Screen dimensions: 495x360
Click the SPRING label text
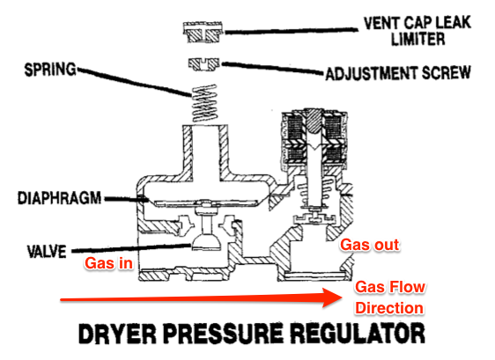click(x=50, y=70)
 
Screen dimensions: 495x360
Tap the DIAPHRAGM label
click(x=60, y=198)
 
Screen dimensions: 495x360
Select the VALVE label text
click(x=47, y=252)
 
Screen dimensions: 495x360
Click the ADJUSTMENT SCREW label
click(x=398, y=73)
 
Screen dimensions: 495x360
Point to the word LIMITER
click(x=418, y=39)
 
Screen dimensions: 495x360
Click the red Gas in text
click(x=108, y=263)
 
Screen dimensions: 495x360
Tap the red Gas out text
click(x=369, y=245)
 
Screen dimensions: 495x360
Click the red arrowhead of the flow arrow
click(x=331, y=298)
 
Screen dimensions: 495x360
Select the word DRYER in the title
click(x=117, y=334)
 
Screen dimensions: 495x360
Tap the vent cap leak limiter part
click(x=203, y=32)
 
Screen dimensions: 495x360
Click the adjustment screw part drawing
click(x=204, y=63)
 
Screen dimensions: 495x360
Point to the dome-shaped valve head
click(x=206, y=242)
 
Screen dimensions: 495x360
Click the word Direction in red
click(x=389, y=308)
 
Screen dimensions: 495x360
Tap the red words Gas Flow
click(x=390, y=287)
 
